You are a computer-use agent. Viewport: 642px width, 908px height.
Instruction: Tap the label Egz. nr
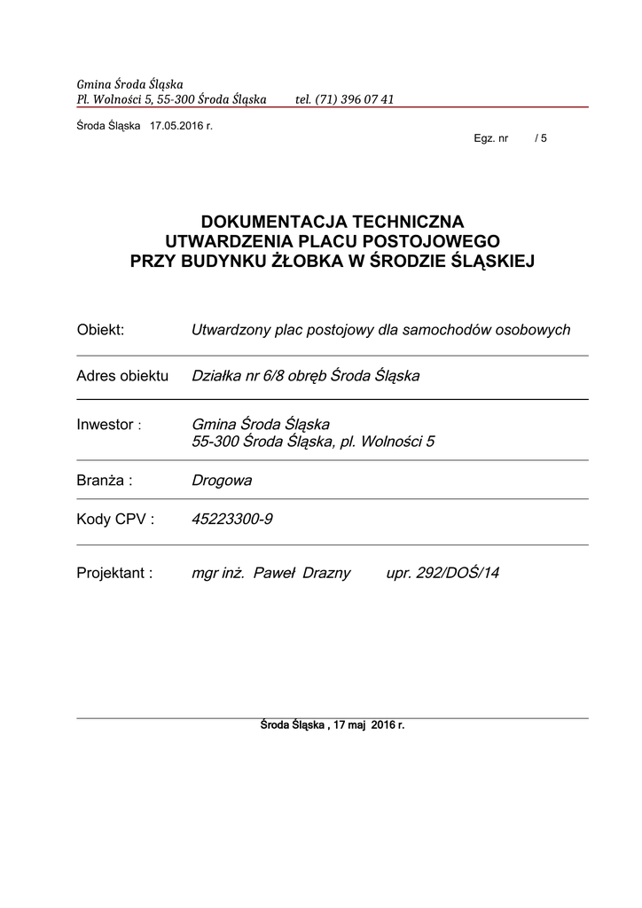(x=491, y=139)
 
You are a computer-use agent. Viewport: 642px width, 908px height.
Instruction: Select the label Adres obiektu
(x=122, y=376)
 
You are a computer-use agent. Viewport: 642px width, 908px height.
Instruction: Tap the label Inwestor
(x=106, y=425)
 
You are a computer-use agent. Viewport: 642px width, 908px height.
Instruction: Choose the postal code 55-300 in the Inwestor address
(x=215, y=442)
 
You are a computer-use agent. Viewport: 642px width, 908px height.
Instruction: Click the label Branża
(x=104, y=481)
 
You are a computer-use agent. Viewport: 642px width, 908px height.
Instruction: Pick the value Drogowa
(x=222, y=481)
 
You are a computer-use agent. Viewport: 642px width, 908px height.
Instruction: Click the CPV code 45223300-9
(x=232, y=520)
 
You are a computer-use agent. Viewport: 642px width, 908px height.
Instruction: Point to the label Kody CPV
(x=115, y=520)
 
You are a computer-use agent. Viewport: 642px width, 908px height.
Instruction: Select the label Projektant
(x=114, y=573)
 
